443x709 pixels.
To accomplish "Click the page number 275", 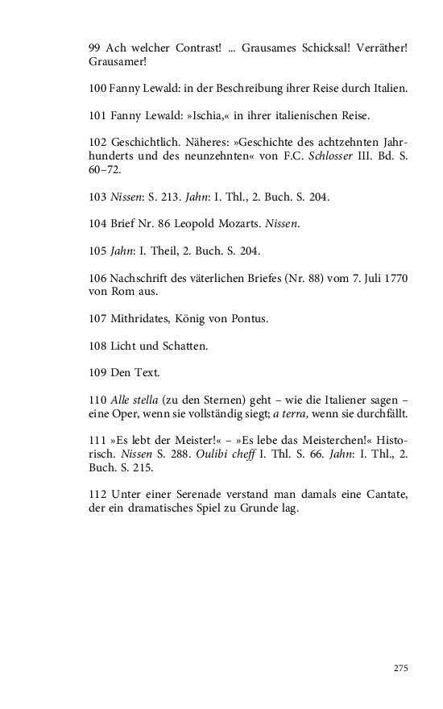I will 401,669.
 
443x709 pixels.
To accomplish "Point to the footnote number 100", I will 98,88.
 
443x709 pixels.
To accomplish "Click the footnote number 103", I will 98,197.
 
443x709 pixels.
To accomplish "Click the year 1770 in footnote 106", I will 395,279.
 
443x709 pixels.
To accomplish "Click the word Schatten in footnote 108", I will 185,347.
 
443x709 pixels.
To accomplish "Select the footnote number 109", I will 98,374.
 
